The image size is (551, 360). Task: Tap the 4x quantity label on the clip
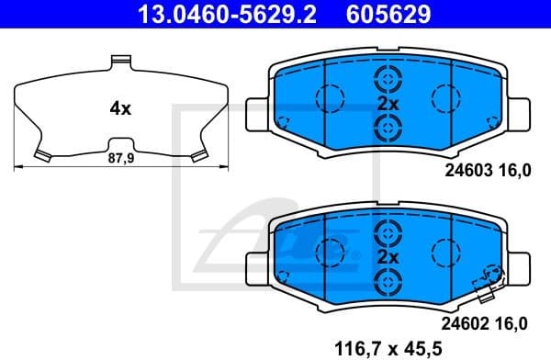click(x=120, y=108)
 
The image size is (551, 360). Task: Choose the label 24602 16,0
click(x=487, y=322)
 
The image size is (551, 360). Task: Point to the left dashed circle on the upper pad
click(x=329, y=96)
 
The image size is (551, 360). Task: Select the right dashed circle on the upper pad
click(x=446, y=96)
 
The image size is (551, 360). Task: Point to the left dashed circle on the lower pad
click(x=329, y=250)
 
